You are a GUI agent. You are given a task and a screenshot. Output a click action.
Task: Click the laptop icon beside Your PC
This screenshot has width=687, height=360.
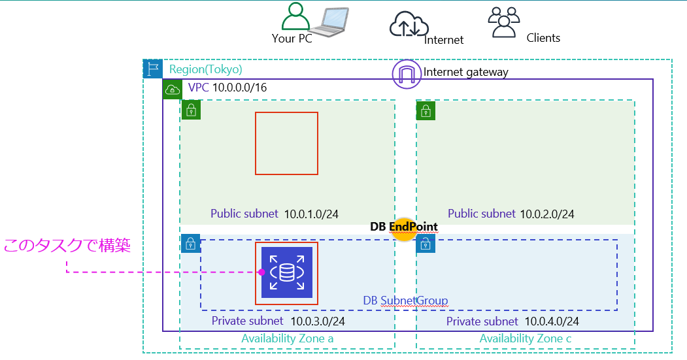point(329,21)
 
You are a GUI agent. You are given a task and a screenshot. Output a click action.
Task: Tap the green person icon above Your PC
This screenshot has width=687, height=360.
point(297,16)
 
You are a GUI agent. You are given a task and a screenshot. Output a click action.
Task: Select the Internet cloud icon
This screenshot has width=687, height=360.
point(409,25)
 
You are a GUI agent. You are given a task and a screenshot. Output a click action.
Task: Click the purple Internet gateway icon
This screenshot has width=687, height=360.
point(407,74)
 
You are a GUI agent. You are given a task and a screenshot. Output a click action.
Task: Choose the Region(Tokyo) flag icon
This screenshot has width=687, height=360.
point(153,69)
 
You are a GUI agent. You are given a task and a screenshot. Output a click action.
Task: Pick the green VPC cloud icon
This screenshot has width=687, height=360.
point(173,89)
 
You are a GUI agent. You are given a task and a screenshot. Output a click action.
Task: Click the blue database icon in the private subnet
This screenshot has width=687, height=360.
point(286,272)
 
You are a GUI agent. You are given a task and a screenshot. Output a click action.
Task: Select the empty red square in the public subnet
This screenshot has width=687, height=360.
point(286,143)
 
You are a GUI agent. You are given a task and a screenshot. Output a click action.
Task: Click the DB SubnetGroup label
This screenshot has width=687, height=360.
point(405,301)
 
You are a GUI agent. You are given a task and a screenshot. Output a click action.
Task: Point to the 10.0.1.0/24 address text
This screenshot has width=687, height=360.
point(311,214)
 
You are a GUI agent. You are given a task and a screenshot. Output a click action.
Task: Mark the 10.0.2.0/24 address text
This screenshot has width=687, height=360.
point(547,214)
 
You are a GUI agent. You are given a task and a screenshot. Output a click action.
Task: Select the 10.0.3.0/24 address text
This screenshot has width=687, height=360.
point(318,321)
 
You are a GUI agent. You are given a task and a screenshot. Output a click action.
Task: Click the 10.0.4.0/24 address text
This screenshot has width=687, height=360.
point(552,321)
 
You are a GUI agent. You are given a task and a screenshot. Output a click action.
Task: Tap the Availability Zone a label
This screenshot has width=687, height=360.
point(287,338)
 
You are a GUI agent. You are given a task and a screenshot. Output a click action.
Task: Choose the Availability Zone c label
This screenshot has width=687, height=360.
point(525,338)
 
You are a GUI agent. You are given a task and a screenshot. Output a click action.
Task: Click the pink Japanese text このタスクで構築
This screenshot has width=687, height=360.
point(67,246)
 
